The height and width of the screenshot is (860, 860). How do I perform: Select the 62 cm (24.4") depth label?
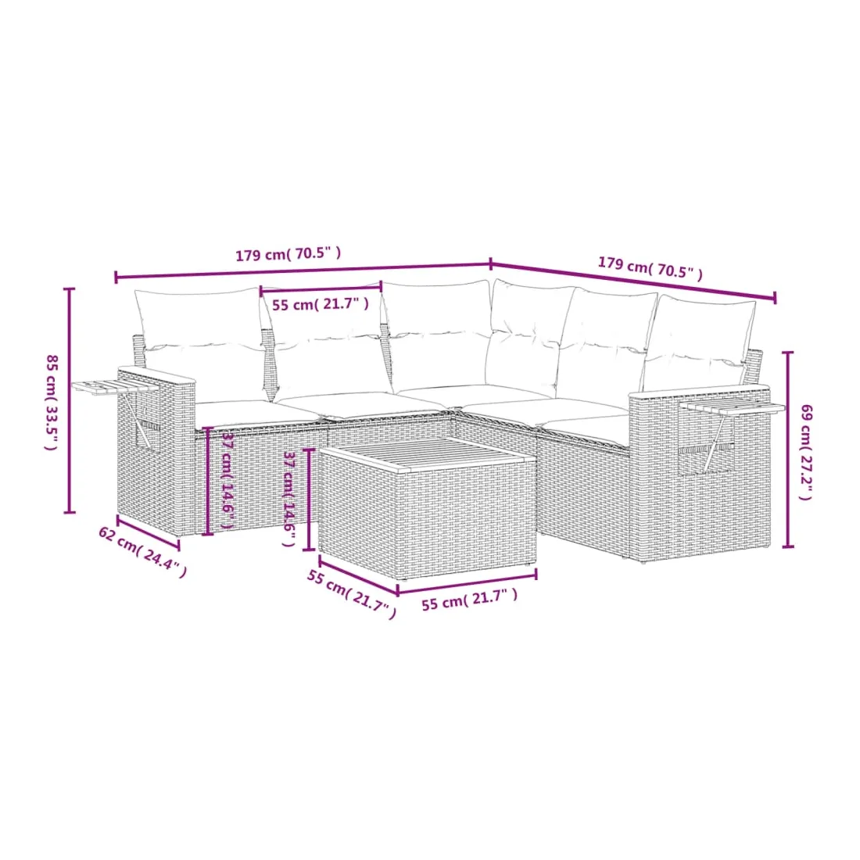142,552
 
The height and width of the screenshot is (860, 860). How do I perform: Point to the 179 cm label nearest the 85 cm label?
288,255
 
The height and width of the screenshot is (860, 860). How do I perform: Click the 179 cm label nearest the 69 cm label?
650,268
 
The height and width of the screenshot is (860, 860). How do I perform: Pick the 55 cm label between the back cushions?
321,304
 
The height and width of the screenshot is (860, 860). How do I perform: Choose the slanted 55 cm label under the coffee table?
352,594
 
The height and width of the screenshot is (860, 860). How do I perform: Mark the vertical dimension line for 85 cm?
69,400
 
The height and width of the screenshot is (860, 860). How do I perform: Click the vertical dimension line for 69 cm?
788,450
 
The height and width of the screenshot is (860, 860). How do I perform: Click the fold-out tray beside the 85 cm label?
115,387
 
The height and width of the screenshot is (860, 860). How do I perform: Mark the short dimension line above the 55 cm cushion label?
321,287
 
